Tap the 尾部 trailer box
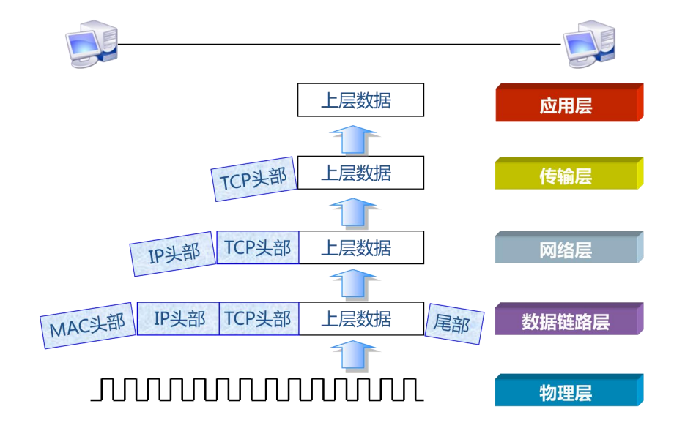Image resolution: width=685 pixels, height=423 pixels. pos(454,323)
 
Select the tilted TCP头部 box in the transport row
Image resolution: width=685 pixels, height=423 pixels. pos(253,178)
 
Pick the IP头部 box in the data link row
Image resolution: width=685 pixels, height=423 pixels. pos(179,319)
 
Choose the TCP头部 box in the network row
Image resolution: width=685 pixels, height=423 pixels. pos(258,247)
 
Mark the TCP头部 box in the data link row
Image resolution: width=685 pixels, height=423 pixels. pos(258,319)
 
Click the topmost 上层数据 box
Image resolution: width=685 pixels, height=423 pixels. pos(360,100)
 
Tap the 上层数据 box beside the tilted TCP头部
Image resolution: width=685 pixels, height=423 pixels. pos(360,173)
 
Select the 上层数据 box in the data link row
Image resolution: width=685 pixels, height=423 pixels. pos(360,319)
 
